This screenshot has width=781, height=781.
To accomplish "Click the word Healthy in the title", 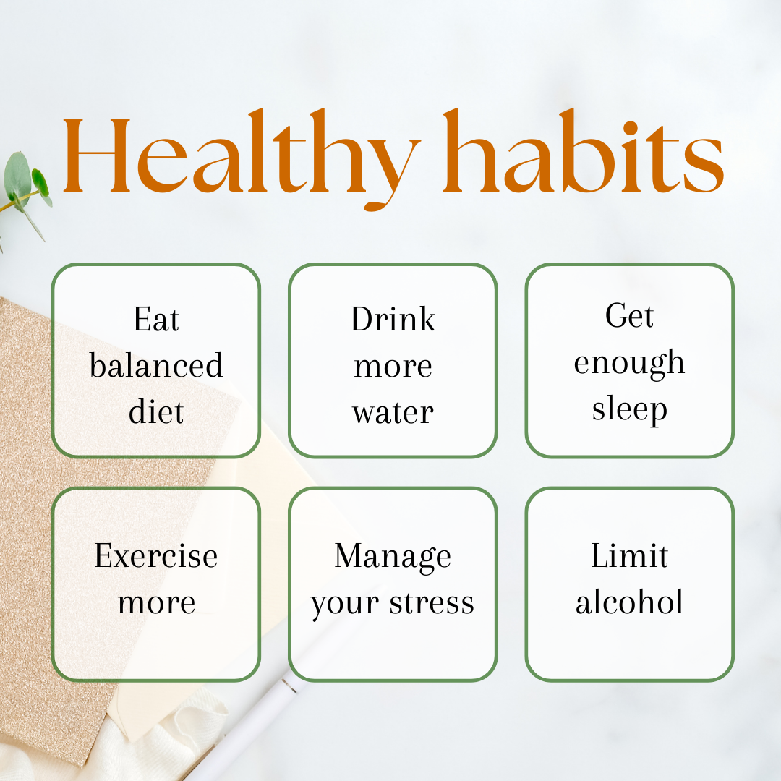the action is [x=242, y=158].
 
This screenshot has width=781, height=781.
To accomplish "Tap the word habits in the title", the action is [x=584, y=151].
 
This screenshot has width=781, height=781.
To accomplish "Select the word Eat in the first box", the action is [x=156, y=320].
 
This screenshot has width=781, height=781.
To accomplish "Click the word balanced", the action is [x=156, y=365].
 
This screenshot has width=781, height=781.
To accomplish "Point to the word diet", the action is [x=156, y=411].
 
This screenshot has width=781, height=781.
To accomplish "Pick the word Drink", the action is [x=393, y=319].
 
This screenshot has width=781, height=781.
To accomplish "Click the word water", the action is [x=393, y=413].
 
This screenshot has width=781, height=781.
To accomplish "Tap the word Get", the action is [x=629, y=315].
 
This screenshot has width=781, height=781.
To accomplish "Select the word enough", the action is [x=629, y=364].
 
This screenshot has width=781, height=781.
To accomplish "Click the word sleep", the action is [x=630, y=410].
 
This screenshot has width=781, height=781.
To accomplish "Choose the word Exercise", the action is [x=156, y=555].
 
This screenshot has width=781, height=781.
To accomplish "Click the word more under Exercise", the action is [x=156, y=603].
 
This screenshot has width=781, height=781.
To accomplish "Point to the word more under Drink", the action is [x=393, y=367].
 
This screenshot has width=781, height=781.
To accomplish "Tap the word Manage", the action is [x=393, y=558].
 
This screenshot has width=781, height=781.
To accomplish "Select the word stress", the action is [x=432, y=603].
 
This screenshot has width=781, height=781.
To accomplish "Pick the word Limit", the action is [x=630, y=555].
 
